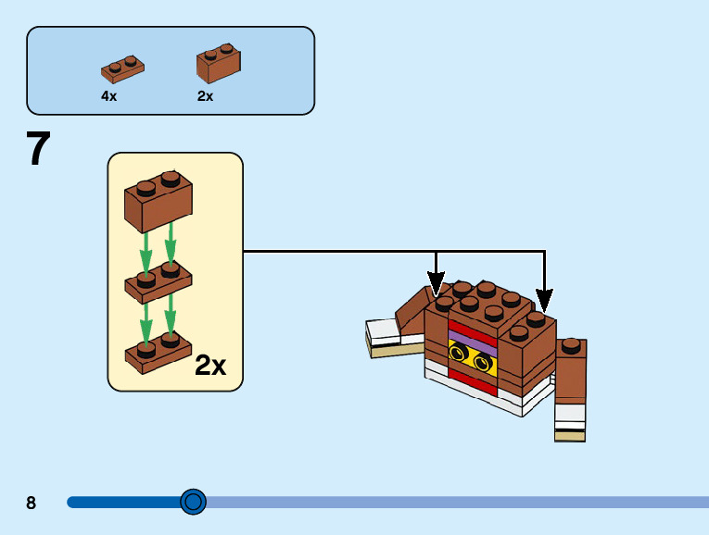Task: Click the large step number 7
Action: pyautogui.click(x=38, y=149)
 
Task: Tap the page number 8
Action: pyautogui.click(x=32, y=504)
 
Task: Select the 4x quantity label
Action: pyautogui.click(x=109, y=96)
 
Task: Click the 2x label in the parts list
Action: pyautogui.click(x=205, y=96)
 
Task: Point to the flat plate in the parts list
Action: pyautogui.click(x=122, y=68)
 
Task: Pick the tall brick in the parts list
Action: pyautogui.click(x=218, y=63)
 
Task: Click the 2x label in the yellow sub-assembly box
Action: pyautogui.click(x=210, y=367)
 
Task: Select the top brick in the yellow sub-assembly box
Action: pyautogui.click(x=158, y=199)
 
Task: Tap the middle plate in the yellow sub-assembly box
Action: pyautogui.click(x=158, y=281)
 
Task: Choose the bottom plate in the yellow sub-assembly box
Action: pyautogui.click(x=158, y=354)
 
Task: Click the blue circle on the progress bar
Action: pyautogui.click(x=193, y=503)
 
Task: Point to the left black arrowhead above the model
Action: pyautogui.click(x=436, y=280)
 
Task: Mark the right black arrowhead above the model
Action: pyautogui.click(x=544, y=300)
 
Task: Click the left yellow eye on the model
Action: pyautogui.click(x=459, y=352)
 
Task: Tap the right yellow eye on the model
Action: pyautogui.click(x=482, y=362)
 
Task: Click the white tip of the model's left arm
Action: pyautogui.click(x=382, y=330)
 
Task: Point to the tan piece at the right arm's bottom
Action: pyautogui.click(x=570, y=433)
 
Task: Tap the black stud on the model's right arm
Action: pyautogui.click(x=572, y=346)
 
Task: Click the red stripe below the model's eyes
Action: pyautogui.click(x=468, y=374)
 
